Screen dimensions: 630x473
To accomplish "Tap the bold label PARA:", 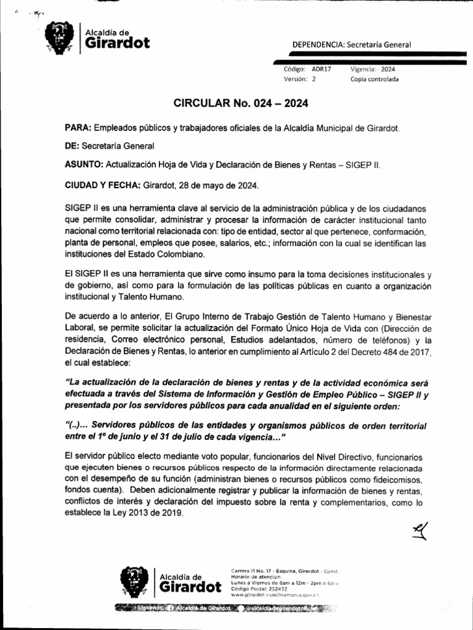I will point(78,128).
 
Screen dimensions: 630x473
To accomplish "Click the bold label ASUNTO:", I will point(84,165).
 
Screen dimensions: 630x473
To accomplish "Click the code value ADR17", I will point(321,70).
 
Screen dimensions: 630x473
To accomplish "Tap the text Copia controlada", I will point(374,80).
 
